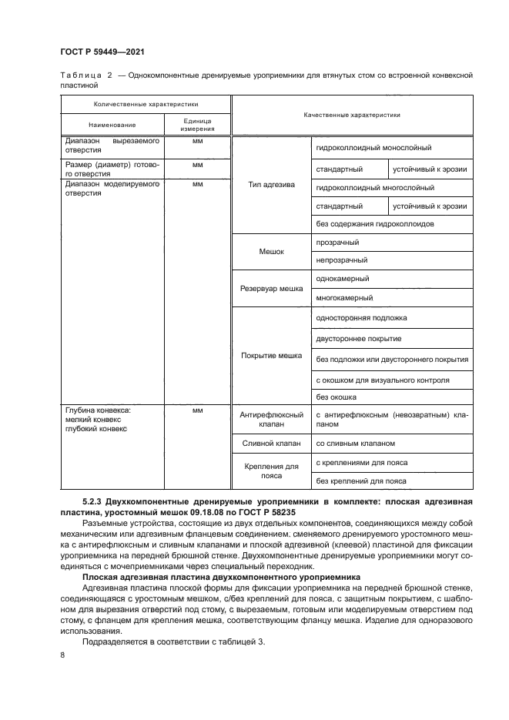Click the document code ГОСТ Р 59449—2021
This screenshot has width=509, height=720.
102,52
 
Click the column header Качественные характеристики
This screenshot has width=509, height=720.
352,114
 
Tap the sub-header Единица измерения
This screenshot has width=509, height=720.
197,125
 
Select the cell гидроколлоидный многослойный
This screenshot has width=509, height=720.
375,187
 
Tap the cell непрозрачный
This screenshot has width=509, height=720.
342,260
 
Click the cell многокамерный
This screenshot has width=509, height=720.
344,297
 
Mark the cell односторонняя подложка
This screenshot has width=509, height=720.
361,317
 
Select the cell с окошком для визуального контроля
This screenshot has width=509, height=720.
383,380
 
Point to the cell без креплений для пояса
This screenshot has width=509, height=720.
361,481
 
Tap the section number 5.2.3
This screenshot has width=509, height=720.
92,501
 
